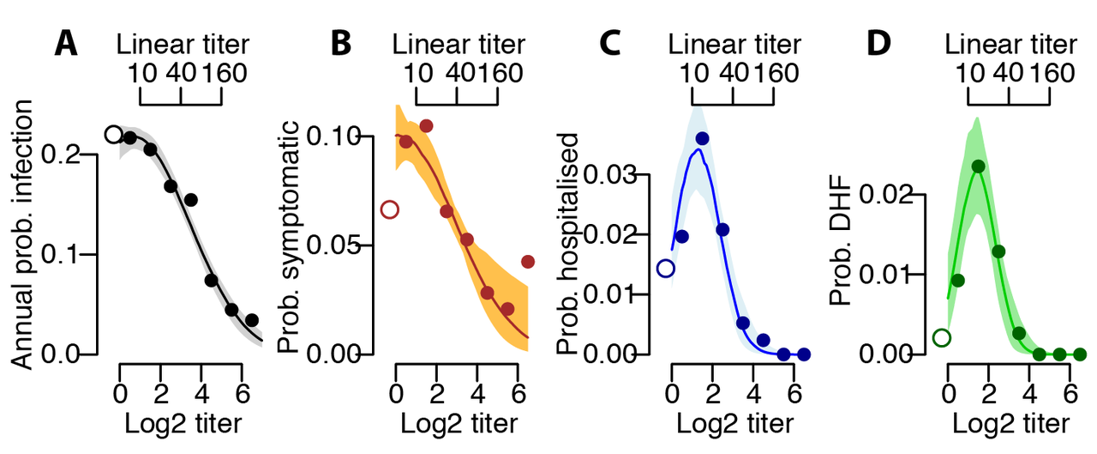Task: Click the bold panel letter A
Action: (x=69, y=44)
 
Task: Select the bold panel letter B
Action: (x=341, y=44)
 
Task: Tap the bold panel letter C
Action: (x=609, y=44)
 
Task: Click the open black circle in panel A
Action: (x=113, y=134)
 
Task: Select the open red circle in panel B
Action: (x=389, y=209)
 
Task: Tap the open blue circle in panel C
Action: (x=665, y=269)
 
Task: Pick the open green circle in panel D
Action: (x=941, y=337)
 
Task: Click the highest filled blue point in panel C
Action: (x=702, y=138)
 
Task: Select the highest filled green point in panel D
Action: (x=978, y=166)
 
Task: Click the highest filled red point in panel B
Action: (x=426, y=126)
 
